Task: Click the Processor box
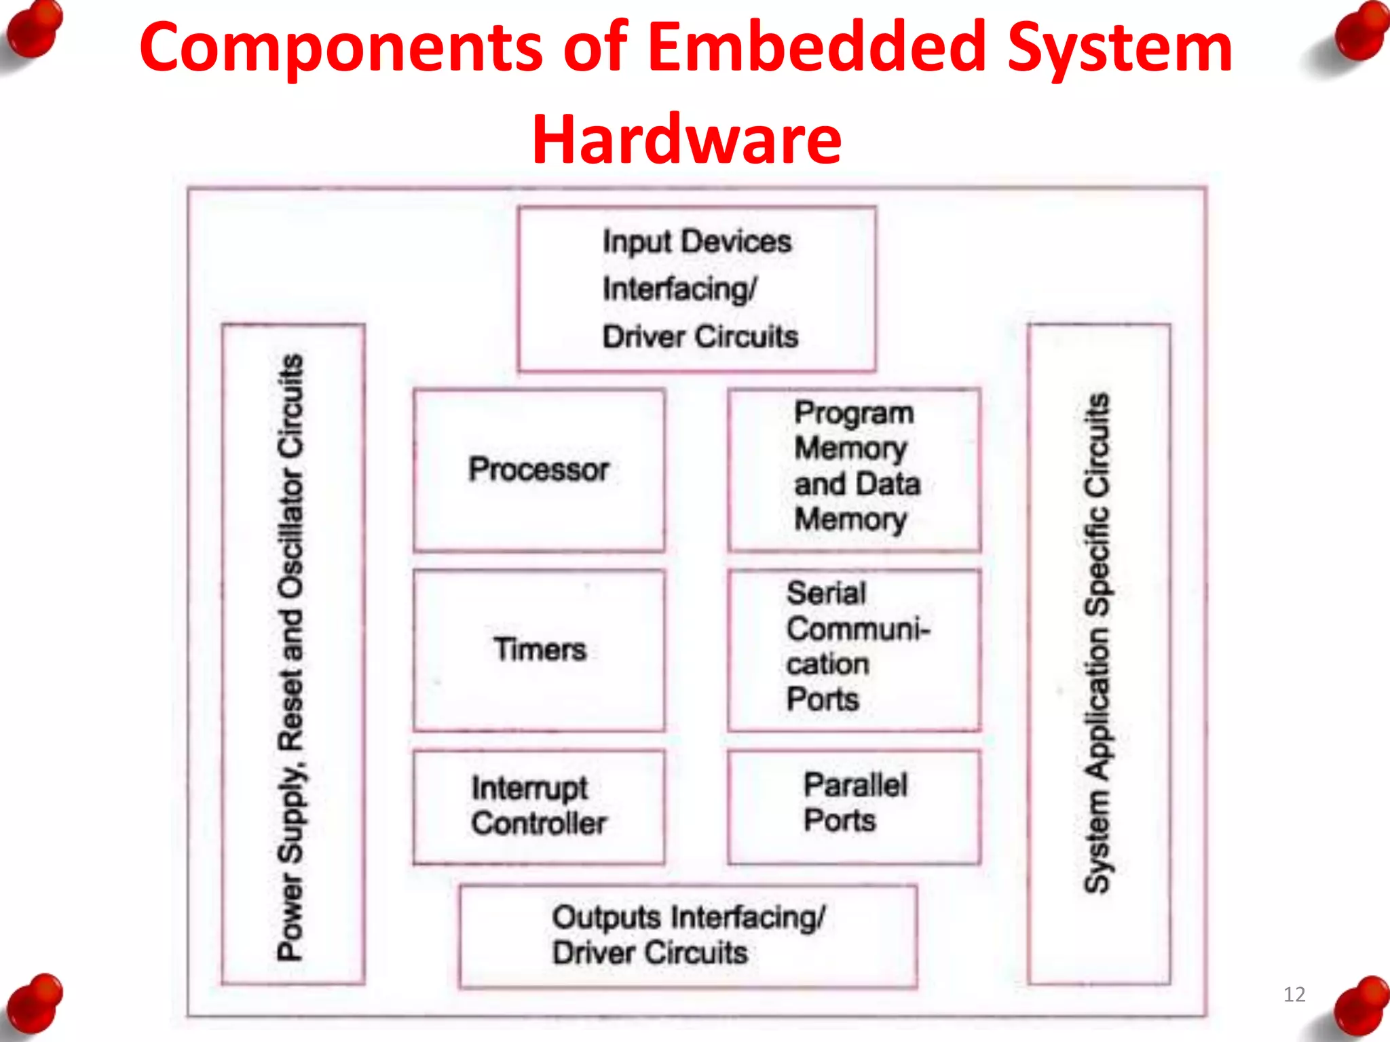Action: coord(539,470)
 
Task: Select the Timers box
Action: coord(539,650)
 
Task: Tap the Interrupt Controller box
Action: coord(539,806)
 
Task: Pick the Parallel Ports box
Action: coord(854,806)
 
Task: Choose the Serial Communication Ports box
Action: coord(854,649)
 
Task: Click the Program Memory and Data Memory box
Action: coord(854,469)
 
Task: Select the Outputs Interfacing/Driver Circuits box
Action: coord(688,935)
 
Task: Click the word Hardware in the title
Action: coord(686,140)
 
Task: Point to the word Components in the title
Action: coord(341,47)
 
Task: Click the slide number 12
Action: coord(1294,995)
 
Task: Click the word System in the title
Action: coord(1119,47)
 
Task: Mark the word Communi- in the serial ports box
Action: coord(858,629)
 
